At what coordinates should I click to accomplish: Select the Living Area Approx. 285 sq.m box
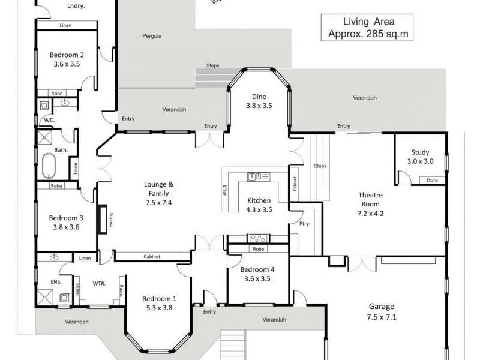[x=368, y=28]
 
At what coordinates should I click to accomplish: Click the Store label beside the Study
[x=431, y=180]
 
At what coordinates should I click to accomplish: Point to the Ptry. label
[x=304, y=224]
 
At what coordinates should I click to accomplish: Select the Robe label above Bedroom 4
[x=257, y=249]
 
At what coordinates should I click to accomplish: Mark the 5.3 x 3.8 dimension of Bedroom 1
[x=159, y=308]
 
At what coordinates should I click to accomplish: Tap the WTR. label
[x=98, y=283]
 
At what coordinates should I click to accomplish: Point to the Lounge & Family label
[x=159, y=189]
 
